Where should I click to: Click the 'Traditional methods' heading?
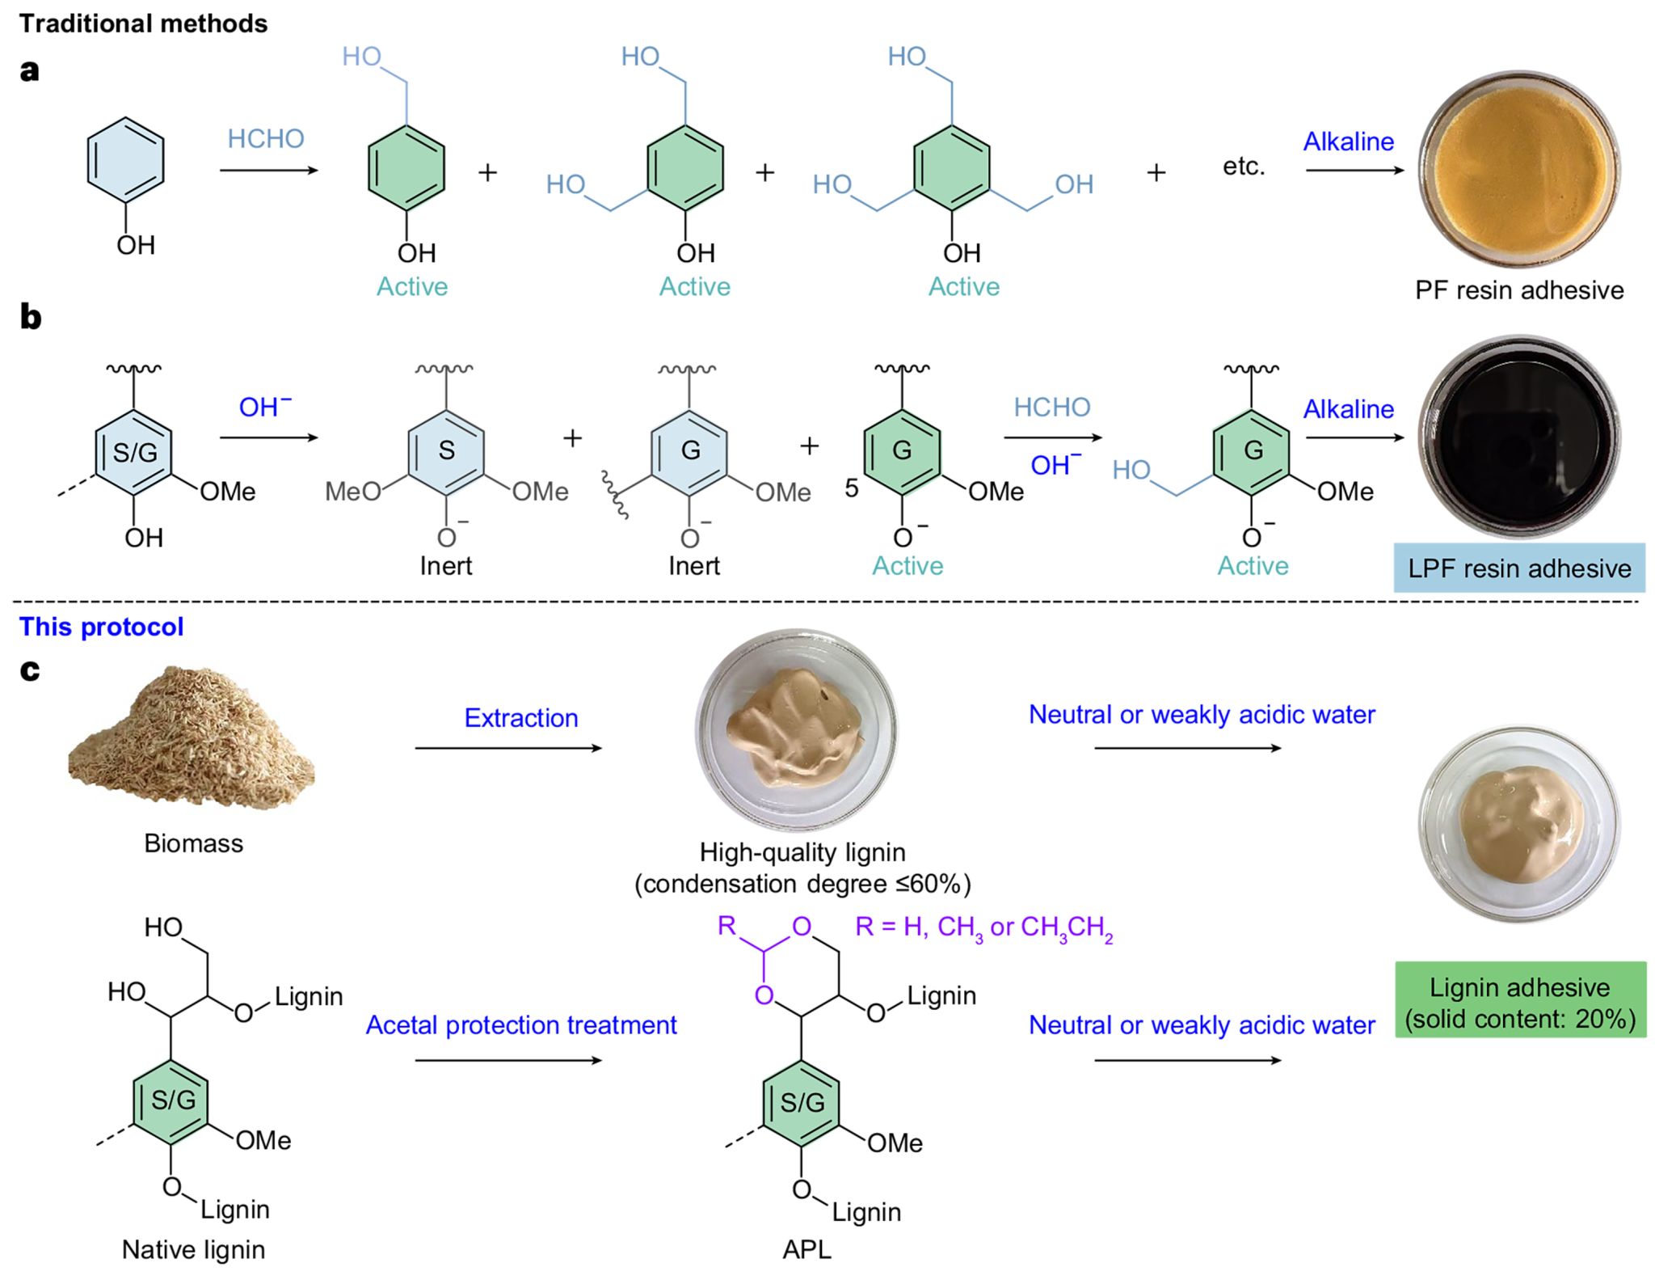tap(143, 23)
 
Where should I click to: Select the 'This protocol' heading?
tap(101, 627)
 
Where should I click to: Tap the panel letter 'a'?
tap(29, 70)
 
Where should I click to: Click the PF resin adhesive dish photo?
tap(1518, 168)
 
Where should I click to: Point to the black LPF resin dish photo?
tap(1518, 437)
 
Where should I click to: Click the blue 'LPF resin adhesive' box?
tap(1518, 568)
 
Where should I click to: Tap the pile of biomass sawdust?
tap(192, 740)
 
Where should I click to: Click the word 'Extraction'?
tap(520, 718)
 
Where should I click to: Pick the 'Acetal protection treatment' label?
tap(520, 1025)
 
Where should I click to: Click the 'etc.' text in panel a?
tap(1243, 167)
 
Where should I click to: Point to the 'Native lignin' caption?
tap(193, 1249)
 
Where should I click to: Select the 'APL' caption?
tap(806, 1249)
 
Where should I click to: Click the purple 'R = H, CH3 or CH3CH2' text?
tap(983, 927)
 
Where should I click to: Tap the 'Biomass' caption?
tap(193, 843)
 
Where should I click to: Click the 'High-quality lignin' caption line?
tap(802, 852)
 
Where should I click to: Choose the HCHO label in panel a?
tap(265, 139)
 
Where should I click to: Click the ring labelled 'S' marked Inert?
tap(446, 451)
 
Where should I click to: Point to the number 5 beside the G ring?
tap(851, 488)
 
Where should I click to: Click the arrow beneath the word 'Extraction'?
tap(508, 748)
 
